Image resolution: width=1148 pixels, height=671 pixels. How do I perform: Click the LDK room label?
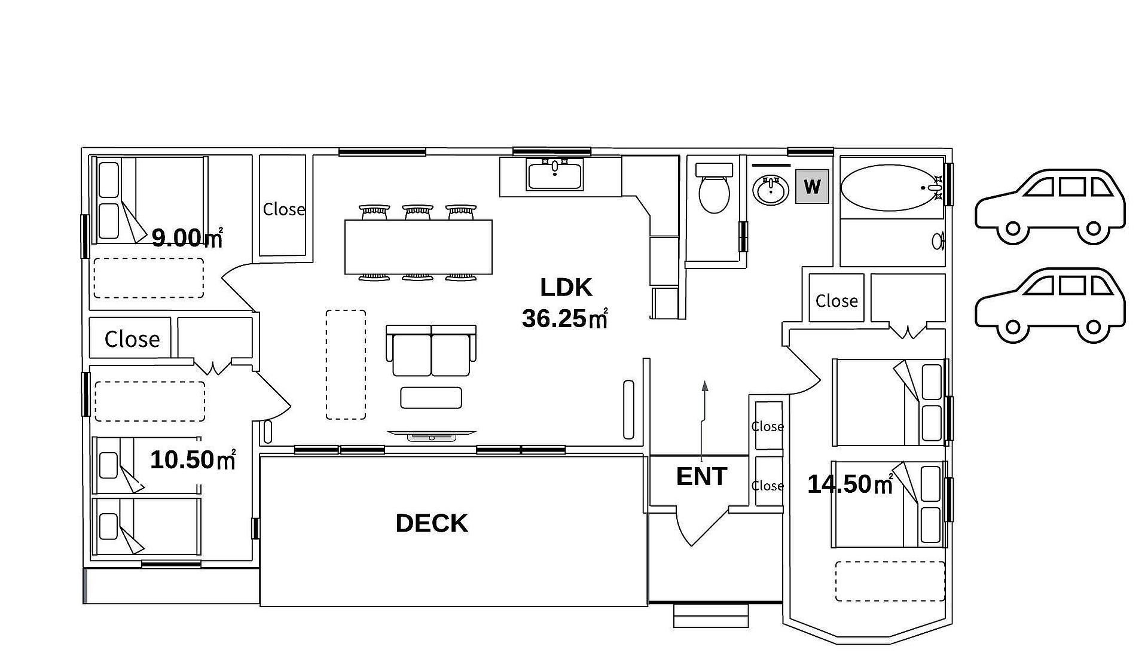(566, 288)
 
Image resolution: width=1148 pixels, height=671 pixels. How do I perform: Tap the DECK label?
(432, 523)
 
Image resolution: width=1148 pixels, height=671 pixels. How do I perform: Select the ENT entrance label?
(701, 477)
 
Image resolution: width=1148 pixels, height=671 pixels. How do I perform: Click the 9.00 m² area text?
(187, 238)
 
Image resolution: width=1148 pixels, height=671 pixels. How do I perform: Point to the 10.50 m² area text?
(193, 460)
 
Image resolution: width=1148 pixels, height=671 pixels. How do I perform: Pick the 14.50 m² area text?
(850, 484)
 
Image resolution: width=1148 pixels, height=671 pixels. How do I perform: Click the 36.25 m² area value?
(564, 318)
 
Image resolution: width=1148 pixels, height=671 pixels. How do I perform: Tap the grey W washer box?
(812, 187)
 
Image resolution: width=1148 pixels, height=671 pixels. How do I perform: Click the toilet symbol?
(715, 188)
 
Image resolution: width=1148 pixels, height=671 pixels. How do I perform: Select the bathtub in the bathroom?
(891, 188)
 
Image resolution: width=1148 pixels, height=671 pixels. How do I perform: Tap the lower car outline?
(1050, 306)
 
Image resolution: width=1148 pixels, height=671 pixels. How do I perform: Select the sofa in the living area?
(431, 350)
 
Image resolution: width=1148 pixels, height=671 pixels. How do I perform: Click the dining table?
(419, 247)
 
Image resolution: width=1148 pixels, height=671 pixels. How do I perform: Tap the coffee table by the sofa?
(431, 398)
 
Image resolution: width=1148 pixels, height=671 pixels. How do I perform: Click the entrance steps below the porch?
(711, 615)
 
